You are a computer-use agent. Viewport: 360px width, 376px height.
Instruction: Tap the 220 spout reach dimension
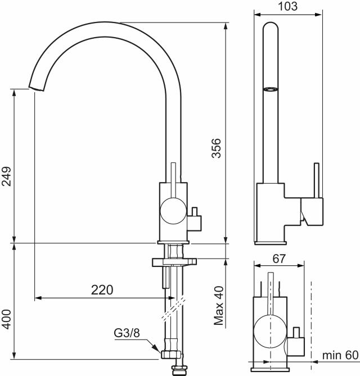pyautogui.click(x=102, y=290)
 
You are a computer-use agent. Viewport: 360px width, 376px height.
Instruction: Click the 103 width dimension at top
pyautogui.click(x=287, y=7)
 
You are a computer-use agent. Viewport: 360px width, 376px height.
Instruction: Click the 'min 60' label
pyautogui.click(x=340, y=355)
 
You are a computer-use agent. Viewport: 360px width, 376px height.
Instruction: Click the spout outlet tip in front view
pyautogui.click(x=35, y=89)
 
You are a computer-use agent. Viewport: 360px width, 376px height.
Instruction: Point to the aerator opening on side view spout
pyautogui.click(x=271, y=89)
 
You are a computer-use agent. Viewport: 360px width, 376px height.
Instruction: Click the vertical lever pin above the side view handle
pyautogui.click(x=316, y=180)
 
